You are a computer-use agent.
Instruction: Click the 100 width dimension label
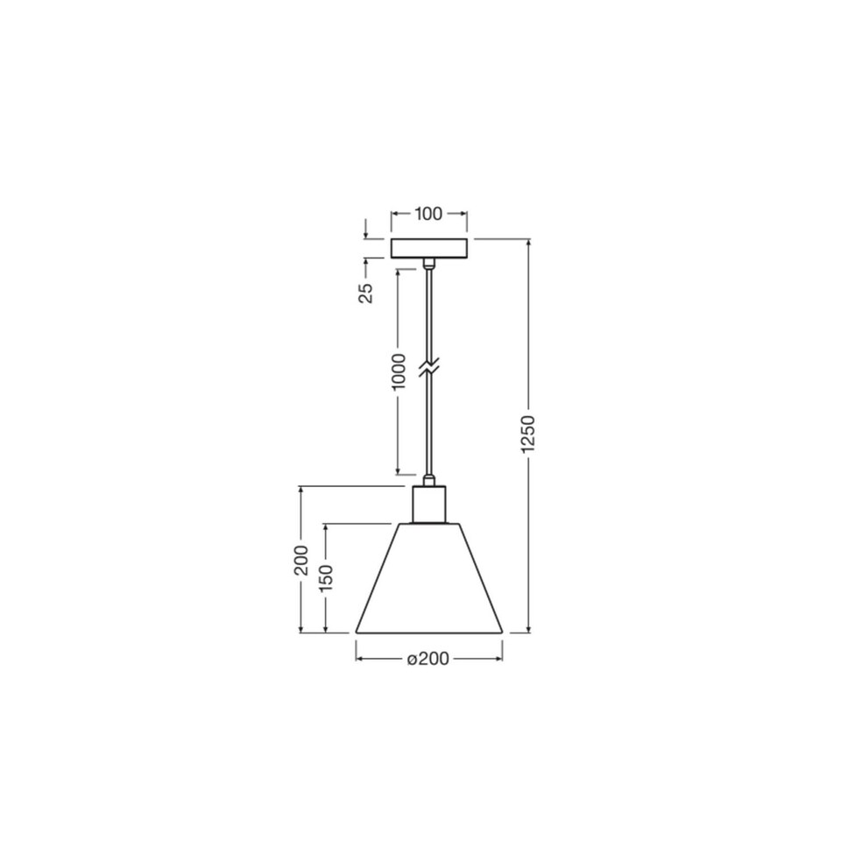(x=428, y=214)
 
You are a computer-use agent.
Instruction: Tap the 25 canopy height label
(x=366, y=293)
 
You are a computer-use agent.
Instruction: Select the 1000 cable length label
(x=399, y=372)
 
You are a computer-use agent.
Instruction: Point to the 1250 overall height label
(x=528, y=434)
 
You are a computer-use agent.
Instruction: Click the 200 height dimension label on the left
(x=301, y=560)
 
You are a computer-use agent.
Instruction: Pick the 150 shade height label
(x=326, y=578)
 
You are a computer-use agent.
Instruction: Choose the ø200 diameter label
(x=428, y=658)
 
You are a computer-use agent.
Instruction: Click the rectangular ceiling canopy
(x=428, y=248)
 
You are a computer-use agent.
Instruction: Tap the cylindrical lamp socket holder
(x=428, y=504)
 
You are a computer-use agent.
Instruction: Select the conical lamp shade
(x=429, y=577)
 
